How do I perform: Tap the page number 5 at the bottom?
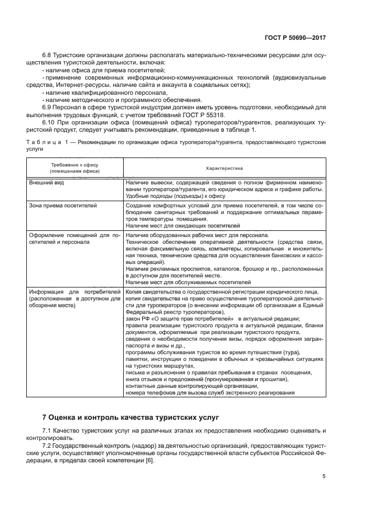pyautogui.click(x=324, y=476)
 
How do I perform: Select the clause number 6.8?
pyautogui.click(x=48, y=56)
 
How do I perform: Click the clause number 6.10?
pyautogui.click(x=49, y=122)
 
